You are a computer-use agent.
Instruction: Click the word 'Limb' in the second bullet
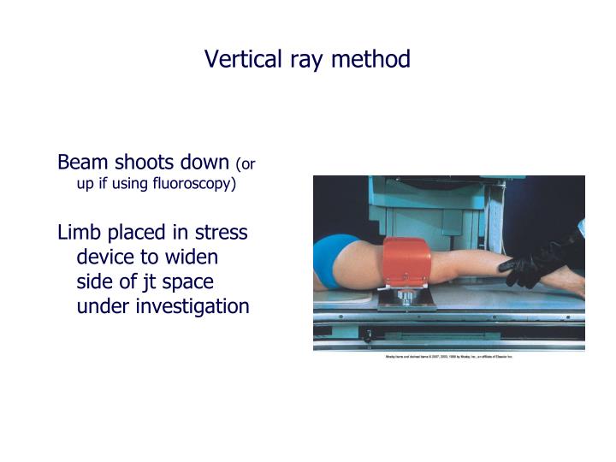click(x=80, y=232)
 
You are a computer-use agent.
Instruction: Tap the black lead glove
click(x=535, y=260)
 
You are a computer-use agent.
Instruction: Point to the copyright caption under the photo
click(x=448, y=356)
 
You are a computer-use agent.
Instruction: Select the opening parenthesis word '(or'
click(x=246, y=164)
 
